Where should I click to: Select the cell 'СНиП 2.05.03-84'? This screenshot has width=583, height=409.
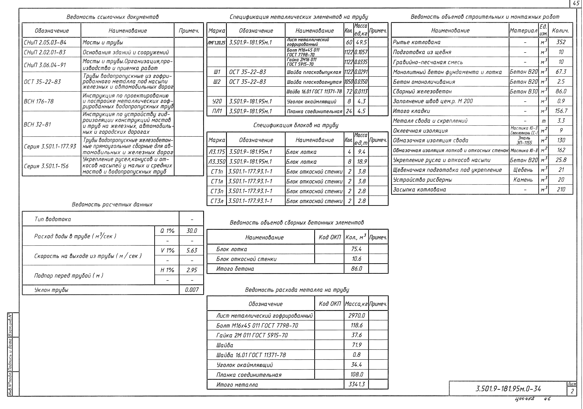(45, 42)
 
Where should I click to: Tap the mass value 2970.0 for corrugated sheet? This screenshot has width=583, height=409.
(356, 315)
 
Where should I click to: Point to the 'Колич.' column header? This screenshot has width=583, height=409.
(560, 30)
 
